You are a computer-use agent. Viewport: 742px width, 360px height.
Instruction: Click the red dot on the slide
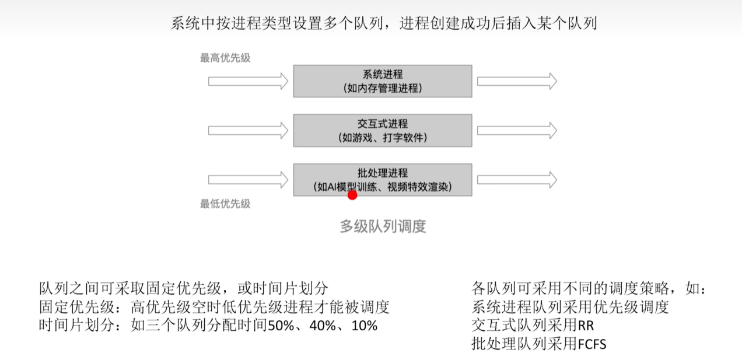352,195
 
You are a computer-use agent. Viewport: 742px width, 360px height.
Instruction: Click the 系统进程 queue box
382,81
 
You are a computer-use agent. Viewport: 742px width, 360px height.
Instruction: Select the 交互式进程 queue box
382,130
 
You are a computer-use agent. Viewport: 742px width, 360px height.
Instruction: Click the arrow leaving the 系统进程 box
517,81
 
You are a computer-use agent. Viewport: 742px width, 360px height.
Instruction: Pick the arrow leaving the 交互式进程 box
517,130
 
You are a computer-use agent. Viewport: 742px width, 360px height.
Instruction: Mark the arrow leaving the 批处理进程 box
517,180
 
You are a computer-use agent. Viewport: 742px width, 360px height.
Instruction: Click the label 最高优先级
225,58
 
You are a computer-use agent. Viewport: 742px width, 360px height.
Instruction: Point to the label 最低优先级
225,204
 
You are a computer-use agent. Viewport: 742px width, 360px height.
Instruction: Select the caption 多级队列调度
383,226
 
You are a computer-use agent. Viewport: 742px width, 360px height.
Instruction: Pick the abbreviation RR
586,326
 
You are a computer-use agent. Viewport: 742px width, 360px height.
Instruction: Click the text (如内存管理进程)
382,89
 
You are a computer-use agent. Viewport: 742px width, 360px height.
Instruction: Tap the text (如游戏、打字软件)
382,138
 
